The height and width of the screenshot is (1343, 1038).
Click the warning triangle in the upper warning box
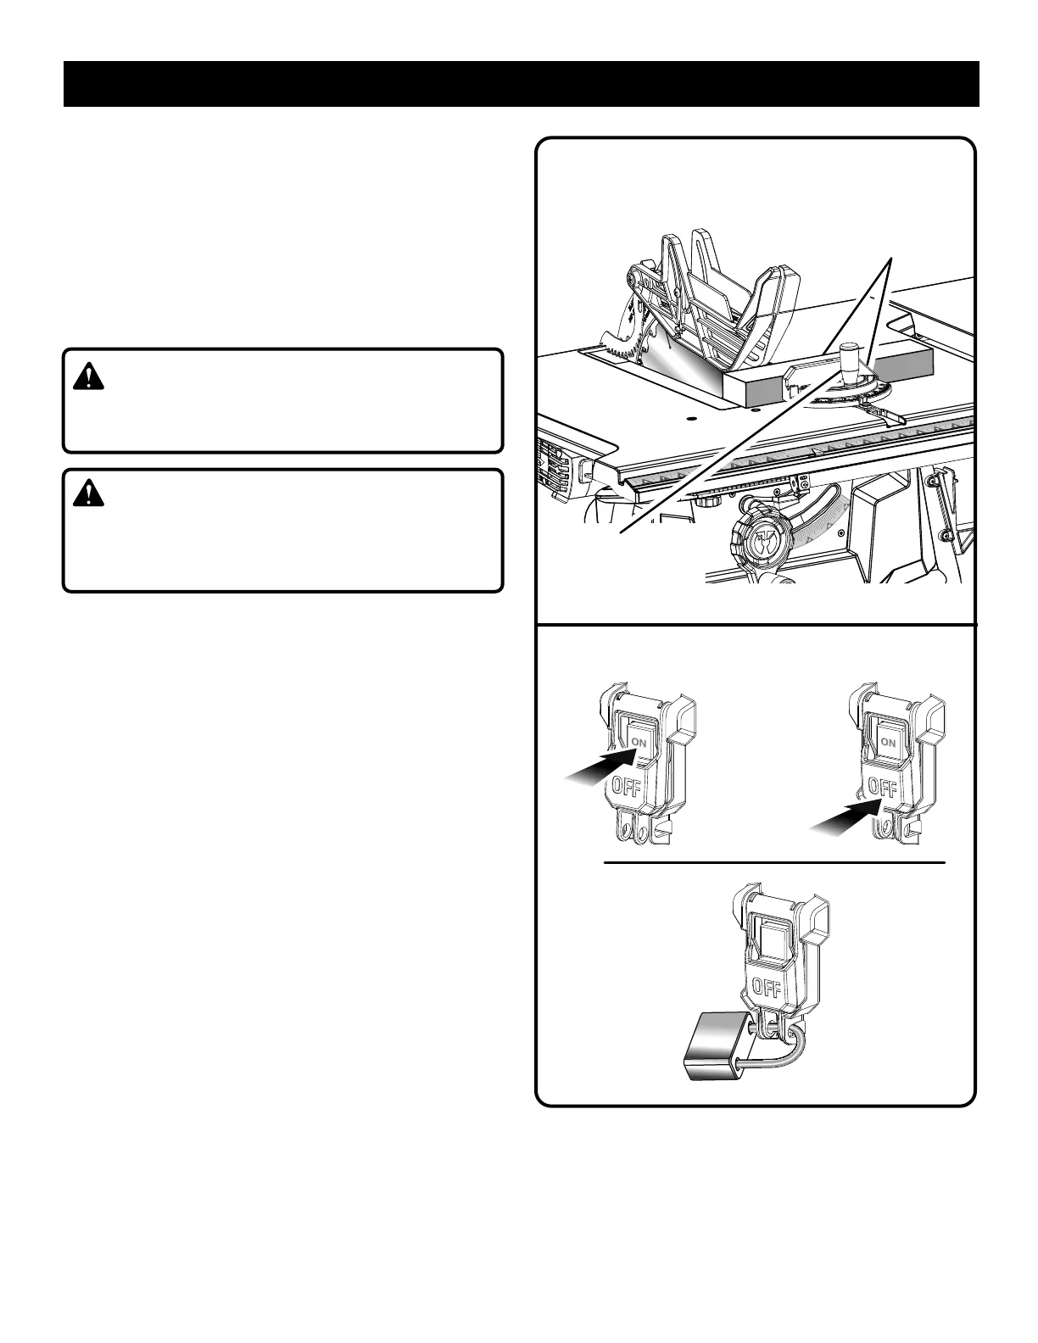(x=87, y=376)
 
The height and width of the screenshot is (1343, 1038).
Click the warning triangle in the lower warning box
(x=87, y=493)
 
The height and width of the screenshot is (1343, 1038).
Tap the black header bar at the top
(x=521, y=84)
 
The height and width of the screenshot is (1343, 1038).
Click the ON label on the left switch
(x=639, y=742)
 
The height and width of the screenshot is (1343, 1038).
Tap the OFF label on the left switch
(x=626, y=787)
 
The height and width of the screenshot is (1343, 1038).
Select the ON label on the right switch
(x=888, y=742)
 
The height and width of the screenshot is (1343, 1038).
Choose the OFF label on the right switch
(x=883, y=788)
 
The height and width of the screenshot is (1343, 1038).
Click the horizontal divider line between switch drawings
(x=773, y=863)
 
